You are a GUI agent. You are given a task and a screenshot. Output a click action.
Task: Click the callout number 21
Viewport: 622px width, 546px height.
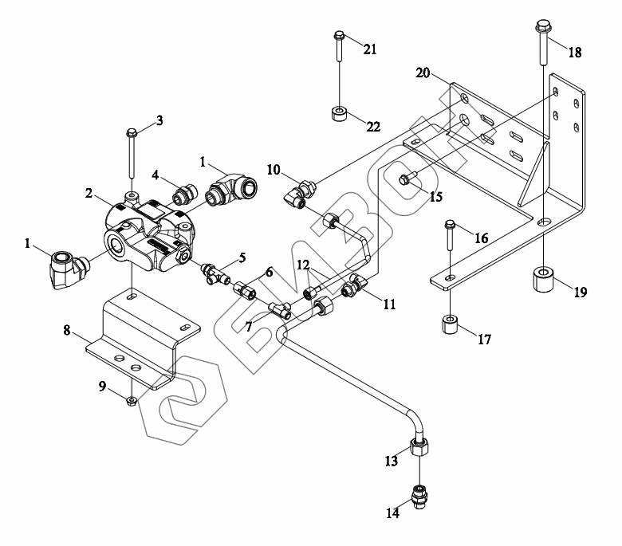(x=370, y=49)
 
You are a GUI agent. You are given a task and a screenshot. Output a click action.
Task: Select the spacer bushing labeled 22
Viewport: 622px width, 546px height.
(x=338, y=114)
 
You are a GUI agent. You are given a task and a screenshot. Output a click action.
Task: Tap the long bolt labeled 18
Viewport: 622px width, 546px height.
(x=543, y=43)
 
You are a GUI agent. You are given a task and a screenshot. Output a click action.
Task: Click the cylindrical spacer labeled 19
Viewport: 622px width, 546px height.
(x=544, y=280)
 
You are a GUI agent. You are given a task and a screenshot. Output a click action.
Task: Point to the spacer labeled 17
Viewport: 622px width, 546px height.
(x=451, y=324)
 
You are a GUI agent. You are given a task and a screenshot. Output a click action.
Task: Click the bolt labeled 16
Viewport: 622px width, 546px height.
(x=450, y=235)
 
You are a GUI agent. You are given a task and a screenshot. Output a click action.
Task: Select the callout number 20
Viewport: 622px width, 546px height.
(x=423, y=73)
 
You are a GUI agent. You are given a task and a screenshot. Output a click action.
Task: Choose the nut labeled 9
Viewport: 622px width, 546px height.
(x=132, y=401)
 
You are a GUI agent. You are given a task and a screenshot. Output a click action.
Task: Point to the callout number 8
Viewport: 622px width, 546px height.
(x=67, y=330)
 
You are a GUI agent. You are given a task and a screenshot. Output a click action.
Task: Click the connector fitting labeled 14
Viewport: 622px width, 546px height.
(x=419, y=497)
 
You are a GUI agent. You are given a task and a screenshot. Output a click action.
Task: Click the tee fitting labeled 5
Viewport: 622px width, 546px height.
(x=216, y=274)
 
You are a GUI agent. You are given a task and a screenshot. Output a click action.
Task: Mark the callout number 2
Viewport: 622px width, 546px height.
(x=89, y=193)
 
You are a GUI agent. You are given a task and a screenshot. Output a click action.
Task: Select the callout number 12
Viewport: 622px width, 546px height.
(x=303, y=265)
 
